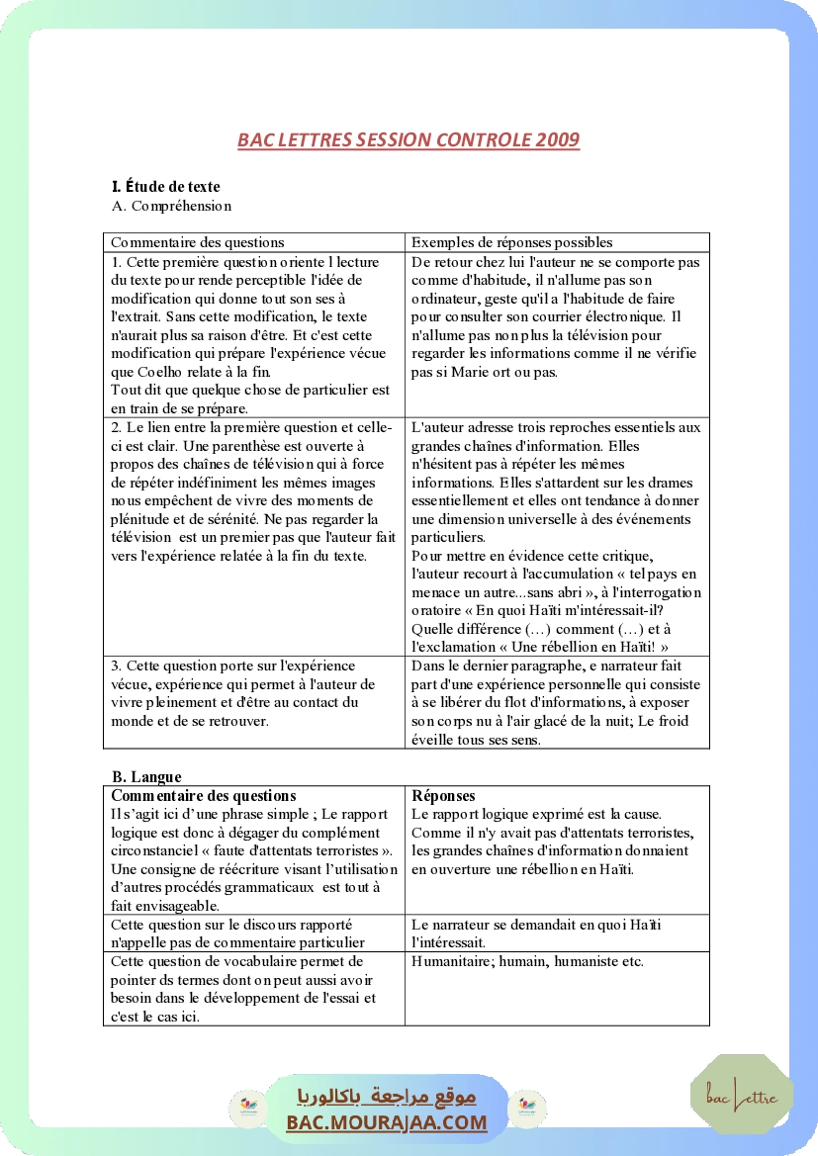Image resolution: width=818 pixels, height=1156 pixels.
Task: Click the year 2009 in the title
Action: (x=558, y=139)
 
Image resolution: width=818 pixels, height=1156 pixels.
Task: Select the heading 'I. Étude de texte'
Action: (x=166, y=186)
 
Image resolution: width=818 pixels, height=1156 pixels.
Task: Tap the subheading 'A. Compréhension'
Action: (x=172, y=206)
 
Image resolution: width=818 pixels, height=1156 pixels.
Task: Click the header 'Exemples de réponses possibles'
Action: (x=511, y=242)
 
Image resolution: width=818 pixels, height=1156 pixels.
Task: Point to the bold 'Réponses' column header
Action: (x=443, y=795)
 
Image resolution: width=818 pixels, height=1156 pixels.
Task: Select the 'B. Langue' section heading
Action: (x=146, y=776)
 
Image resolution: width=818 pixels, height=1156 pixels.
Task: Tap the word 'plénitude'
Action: (x=141, y=518)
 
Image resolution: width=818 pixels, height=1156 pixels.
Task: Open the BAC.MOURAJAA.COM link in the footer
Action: (x=387, y=1122)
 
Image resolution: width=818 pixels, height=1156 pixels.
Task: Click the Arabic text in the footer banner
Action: (x=387, y=1097)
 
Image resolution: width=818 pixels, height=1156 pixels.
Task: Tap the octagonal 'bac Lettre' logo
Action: (x=742, y=1096)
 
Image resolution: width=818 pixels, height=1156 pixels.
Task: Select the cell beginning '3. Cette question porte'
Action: (x=253, y=702)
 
